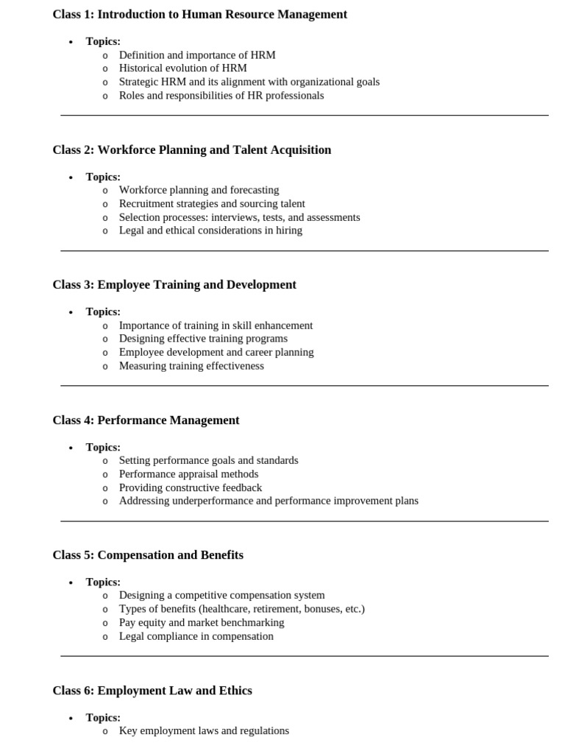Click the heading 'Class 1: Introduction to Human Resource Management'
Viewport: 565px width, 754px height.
pyautogui.click(x=199, y=14)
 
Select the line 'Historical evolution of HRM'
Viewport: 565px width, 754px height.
pyautogui.click(x=182, y=68)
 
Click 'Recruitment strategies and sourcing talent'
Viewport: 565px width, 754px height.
pyautogui.click(x=212, y=203)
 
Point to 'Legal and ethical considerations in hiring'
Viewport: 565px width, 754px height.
pyautogui.click(x=210, y=230)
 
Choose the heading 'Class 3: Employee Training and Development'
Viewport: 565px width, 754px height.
pyautogui.click(x=174, y=284)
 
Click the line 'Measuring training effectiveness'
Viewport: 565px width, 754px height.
pyautogui.click(x=191, y=365)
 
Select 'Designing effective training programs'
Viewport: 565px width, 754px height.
pyautogui.click(x=203, y=338)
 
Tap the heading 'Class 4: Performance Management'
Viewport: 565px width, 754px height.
pyautogui.click(x=146, y=420)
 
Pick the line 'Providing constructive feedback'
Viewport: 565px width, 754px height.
pyautogui.click(x=191, y=487)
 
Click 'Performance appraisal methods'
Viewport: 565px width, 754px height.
pyautogui.click(x=188, y=473)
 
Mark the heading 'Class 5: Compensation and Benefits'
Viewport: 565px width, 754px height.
pyautogui.click(x=148, y=554)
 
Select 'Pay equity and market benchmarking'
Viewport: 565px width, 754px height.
pyautogui.click(x=202, y=622)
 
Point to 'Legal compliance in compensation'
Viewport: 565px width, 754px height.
pyautogui.click(x=196, y=635)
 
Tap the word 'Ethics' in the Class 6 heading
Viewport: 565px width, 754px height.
pyautogui.click(x=235, y=690)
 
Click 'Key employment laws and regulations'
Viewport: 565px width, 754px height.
pyautogui.click(x=204, y=730)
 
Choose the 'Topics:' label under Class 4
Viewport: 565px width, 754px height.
pyautogui.click(x=103, y=447)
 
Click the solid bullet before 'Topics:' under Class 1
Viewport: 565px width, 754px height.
pyautogui.click(x=71, y=42)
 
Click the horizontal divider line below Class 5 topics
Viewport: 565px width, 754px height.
pyautogui.click(x=305, y=656)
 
